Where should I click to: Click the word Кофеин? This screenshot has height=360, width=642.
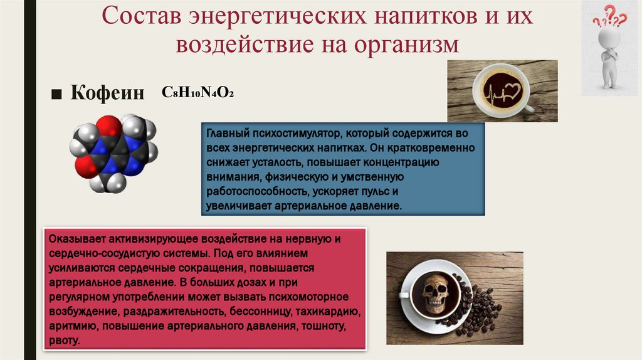107,93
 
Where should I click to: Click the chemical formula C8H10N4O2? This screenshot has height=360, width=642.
198,92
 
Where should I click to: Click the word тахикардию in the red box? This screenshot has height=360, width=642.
326,311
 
